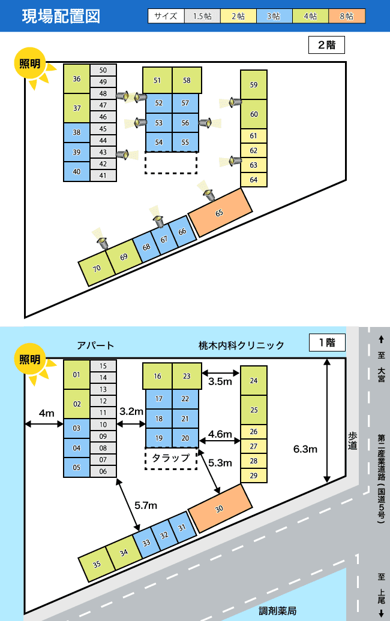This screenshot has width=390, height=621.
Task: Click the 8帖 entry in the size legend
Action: coord(347,16)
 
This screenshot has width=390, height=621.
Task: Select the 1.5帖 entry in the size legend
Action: coord(202,16)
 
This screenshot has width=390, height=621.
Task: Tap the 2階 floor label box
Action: coord(326,45)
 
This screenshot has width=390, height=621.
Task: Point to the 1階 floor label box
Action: coord(327,343)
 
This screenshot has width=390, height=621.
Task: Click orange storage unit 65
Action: coord(220,213)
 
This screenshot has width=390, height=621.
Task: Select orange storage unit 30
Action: coord(220,508)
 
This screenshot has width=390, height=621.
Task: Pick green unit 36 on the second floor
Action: coord(77,79)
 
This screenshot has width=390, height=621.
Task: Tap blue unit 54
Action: coord(158,142)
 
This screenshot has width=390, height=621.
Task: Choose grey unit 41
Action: coord(103,175)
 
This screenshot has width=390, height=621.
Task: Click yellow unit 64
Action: coord(254,180)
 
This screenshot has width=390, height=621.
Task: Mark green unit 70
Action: coord(97,268)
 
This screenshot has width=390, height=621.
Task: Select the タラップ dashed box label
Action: coord(171,458)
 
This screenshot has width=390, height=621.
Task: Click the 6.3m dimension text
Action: coord(305,449)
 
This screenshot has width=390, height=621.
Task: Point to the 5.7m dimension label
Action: coord(146,505)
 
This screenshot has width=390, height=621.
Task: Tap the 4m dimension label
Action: coord(46,413)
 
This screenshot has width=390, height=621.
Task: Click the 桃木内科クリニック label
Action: coord(241,346)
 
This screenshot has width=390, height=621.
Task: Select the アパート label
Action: coord(95,346)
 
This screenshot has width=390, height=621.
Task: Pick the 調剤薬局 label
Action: coord(278,611)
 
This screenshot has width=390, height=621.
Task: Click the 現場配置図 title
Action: coord(61,16)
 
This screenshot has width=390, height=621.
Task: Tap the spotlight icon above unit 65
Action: coord(209,194)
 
